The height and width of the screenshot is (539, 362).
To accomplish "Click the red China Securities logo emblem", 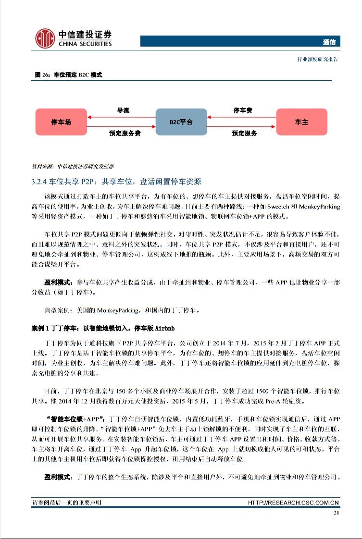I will [x=45, y=38].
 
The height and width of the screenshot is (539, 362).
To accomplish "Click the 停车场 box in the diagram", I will [x=61, y=122].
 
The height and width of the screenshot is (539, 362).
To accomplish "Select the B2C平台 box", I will [x=181, y=122].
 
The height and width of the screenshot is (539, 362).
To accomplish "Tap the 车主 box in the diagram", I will [x=301, y=122].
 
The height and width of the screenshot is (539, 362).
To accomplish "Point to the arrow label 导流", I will [x=123, y=110].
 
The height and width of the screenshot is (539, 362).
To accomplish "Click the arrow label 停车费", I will [x=243, y=110].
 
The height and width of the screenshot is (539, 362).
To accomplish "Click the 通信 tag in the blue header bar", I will [x=329, y=42].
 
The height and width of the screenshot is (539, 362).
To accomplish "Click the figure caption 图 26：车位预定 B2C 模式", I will [x=69, y=75].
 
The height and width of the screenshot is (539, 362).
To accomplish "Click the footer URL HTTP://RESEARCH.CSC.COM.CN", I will [x=293, y=502].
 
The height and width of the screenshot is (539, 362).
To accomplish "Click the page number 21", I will [x=336, y=513].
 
